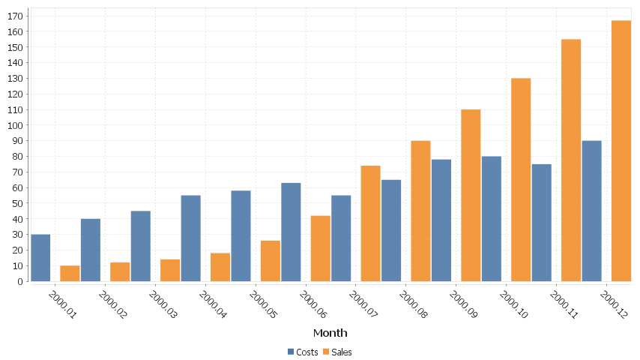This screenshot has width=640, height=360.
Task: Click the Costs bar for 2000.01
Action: (40, 258)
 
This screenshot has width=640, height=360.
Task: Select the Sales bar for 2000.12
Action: (621, 151)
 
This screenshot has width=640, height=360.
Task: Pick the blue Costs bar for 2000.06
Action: (291, 232)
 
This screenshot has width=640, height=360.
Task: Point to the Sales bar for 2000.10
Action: (521, 180)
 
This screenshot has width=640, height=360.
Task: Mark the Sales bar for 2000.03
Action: (170, 271)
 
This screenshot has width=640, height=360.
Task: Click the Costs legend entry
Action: (303, 352)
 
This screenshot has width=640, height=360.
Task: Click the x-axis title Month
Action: (330, 332)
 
